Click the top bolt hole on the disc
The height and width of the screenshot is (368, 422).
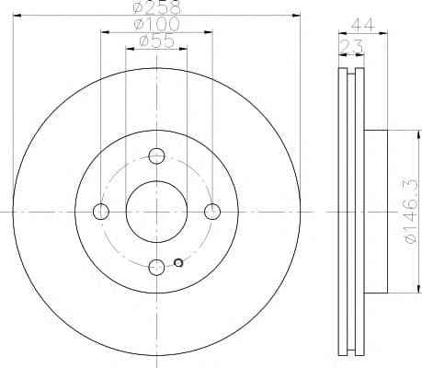156,155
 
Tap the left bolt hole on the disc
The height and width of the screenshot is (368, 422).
101,212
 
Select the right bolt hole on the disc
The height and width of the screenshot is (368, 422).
212,212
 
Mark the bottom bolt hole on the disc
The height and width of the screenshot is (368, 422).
156,267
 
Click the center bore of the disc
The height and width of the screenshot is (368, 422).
156,212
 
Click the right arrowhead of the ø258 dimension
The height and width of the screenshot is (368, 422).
297,16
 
